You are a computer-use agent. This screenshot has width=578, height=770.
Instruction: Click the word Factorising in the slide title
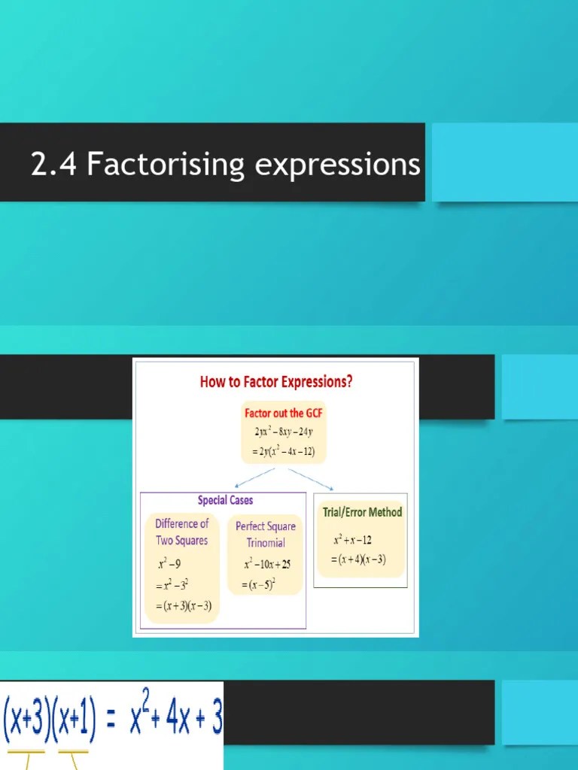tap(166, 165)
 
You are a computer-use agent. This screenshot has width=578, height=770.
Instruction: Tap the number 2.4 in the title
tap(54, 165)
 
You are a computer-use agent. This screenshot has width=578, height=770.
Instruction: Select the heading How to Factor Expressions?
tap(275, 381)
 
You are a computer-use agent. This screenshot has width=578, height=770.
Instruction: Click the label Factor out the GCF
tap(284, 413)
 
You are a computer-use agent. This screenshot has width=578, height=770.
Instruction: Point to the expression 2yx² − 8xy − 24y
tap(284, 432)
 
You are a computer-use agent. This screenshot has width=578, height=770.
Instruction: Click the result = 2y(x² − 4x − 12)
tap(284, 452)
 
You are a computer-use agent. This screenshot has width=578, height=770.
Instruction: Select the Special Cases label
tap(225, 500)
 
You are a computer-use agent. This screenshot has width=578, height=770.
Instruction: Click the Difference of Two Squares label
tap(181, 532)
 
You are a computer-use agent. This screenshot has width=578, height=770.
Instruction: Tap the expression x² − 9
tap(169, 564)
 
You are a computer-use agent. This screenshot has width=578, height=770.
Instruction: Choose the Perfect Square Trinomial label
tap(266, 535)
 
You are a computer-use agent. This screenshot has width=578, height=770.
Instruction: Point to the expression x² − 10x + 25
tap(266, 564)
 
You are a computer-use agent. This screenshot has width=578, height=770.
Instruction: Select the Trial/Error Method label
tap(362, 512)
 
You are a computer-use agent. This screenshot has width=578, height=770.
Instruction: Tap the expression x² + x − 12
tap(352, 540)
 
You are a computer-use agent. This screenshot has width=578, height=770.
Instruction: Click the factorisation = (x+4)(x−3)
tap(359, 559)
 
